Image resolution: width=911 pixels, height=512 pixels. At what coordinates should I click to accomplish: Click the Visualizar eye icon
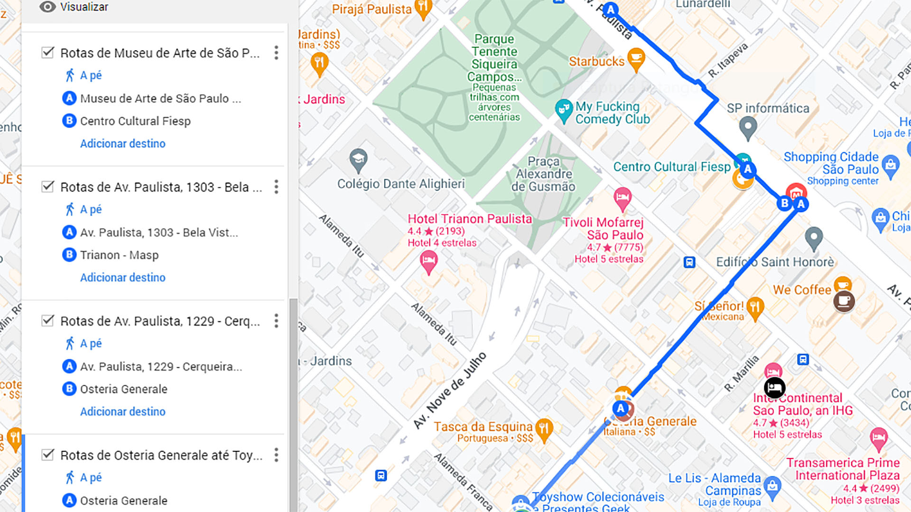click(x=47, y=7)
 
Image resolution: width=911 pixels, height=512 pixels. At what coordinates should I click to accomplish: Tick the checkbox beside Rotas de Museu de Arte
click(x=47, y=52)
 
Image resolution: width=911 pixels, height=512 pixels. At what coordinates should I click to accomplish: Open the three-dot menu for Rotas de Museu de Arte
click(x=276, y=53)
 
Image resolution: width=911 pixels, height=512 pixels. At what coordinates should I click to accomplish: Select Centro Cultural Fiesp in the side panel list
click(x=135, y=121)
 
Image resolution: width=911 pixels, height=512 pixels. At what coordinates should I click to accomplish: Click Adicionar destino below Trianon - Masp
click(x=122, y=277)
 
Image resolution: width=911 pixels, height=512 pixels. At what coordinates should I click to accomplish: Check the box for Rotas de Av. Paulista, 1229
click(x=47, y=320)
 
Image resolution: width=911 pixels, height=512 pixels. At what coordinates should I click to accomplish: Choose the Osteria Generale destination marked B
click(x=123, y=389)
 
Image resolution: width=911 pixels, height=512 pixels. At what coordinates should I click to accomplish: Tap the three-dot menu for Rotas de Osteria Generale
click(x=276, y=455)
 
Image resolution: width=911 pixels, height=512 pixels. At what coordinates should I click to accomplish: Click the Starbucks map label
click(x=596, y=62)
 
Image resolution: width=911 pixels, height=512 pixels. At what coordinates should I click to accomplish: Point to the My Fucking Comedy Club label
click(x=612, y=113)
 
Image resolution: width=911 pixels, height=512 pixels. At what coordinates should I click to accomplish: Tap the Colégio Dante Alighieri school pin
click(x=358, y=160)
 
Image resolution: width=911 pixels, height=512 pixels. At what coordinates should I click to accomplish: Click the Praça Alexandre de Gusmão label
click(x=543, y=174)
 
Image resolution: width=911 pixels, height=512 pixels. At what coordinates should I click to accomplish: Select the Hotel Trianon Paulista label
click(x=470, y=219)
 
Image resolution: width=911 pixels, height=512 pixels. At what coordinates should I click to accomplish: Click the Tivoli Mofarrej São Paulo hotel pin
click(x=622, y=198)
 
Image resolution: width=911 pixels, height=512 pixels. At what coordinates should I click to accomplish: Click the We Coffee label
click(x=802, y=290)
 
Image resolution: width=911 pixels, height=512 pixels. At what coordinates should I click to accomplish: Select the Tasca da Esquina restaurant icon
click(x=544, y=428)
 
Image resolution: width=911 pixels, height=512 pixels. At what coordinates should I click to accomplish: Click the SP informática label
click(x=768, y=109)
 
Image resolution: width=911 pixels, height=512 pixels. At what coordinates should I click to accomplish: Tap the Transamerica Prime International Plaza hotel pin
click(x=878, y=438)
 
